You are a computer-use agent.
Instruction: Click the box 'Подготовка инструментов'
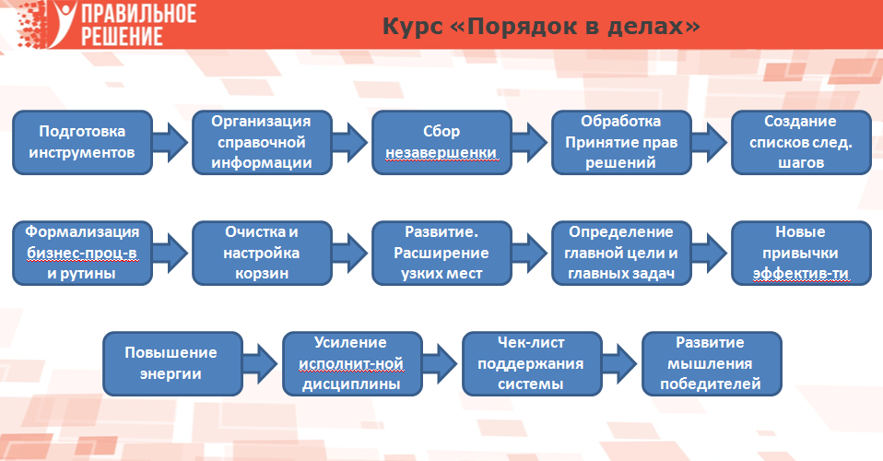(x=82, y=142)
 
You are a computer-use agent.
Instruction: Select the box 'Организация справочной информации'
(x=262, y=142)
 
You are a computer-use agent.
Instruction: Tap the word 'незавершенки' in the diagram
(x=441, y=153)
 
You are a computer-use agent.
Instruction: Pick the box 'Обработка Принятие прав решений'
(x=621, y=142)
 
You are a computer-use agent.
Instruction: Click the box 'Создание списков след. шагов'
(x=801, y=142)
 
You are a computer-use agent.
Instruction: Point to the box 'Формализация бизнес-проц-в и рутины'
(x=82, y=253)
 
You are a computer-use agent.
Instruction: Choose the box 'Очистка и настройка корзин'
(x=262, y=253)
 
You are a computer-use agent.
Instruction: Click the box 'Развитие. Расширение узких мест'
(x=441, y=253)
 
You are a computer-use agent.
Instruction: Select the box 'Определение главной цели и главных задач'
(x=621, y=253)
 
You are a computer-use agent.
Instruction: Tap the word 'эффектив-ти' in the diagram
(x=801, y=274)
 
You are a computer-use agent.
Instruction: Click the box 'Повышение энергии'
(x=172, y=363)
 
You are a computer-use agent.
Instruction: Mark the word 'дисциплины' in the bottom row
(x=351, y=384)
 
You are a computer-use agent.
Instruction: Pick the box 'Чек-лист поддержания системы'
(x=532, y=363)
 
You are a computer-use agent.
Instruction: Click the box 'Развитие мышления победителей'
(x=712, y=363)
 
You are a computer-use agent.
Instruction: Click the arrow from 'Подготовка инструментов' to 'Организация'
(x=171, y=142)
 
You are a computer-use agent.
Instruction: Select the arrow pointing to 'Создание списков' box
(x=710, y=142)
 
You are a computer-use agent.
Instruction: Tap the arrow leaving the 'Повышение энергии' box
(x=261, y=363)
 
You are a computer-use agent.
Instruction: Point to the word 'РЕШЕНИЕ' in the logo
(x=122, y=36)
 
